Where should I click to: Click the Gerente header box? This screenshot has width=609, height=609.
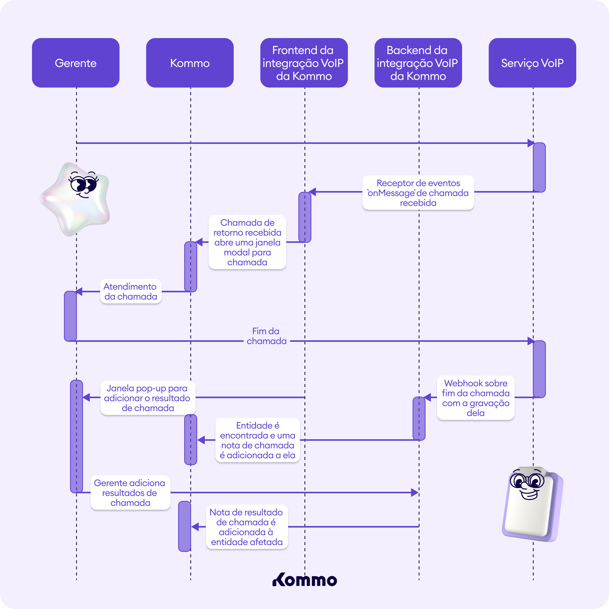pos(76,63)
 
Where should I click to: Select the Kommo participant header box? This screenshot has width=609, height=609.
pos(190,63)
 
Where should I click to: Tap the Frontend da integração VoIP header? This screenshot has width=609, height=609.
pos(304,63)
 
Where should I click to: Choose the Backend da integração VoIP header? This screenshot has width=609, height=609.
pos(418,63)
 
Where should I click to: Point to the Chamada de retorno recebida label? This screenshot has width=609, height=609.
pos(247,242)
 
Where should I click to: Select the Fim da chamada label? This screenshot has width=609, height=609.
pos(266,336)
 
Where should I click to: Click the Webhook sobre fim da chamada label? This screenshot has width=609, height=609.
pos(475,398)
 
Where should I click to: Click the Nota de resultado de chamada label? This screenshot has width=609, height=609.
pos(246,527)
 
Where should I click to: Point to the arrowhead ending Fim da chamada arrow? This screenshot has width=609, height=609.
pos(531,341)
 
